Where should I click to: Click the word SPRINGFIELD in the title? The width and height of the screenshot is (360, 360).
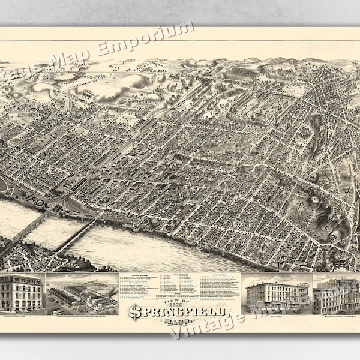coord(179,313)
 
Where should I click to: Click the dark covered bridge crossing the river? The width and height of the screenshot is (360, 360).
coord(75,234)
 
